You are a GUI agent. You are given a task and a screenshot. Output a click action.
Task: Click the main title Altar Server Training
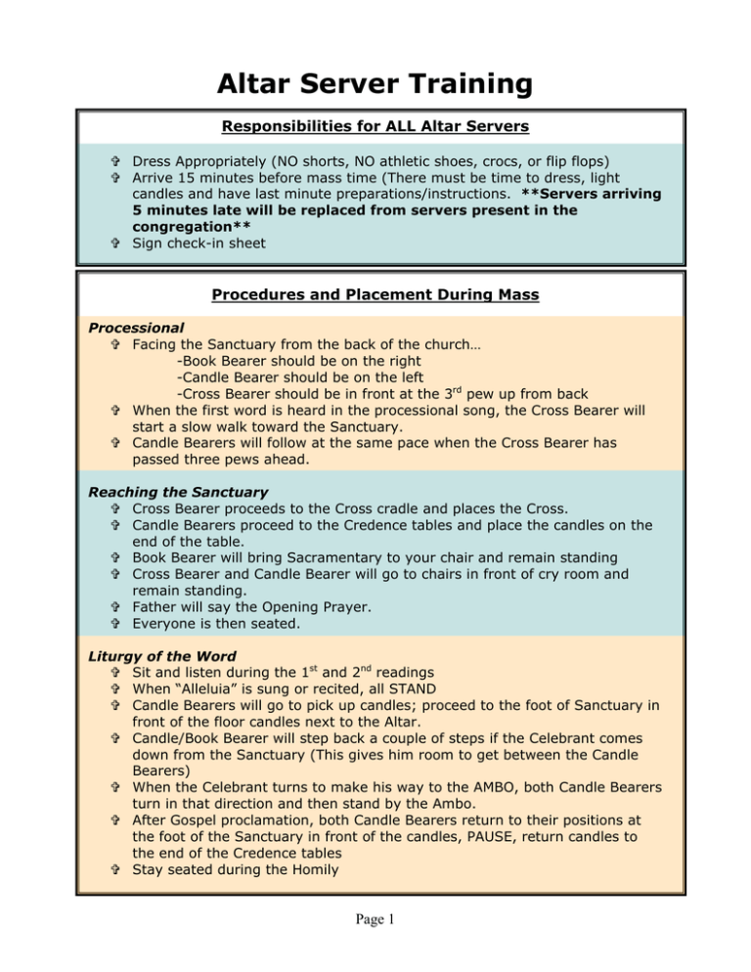pyautogui.click(x=375, y=78)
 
